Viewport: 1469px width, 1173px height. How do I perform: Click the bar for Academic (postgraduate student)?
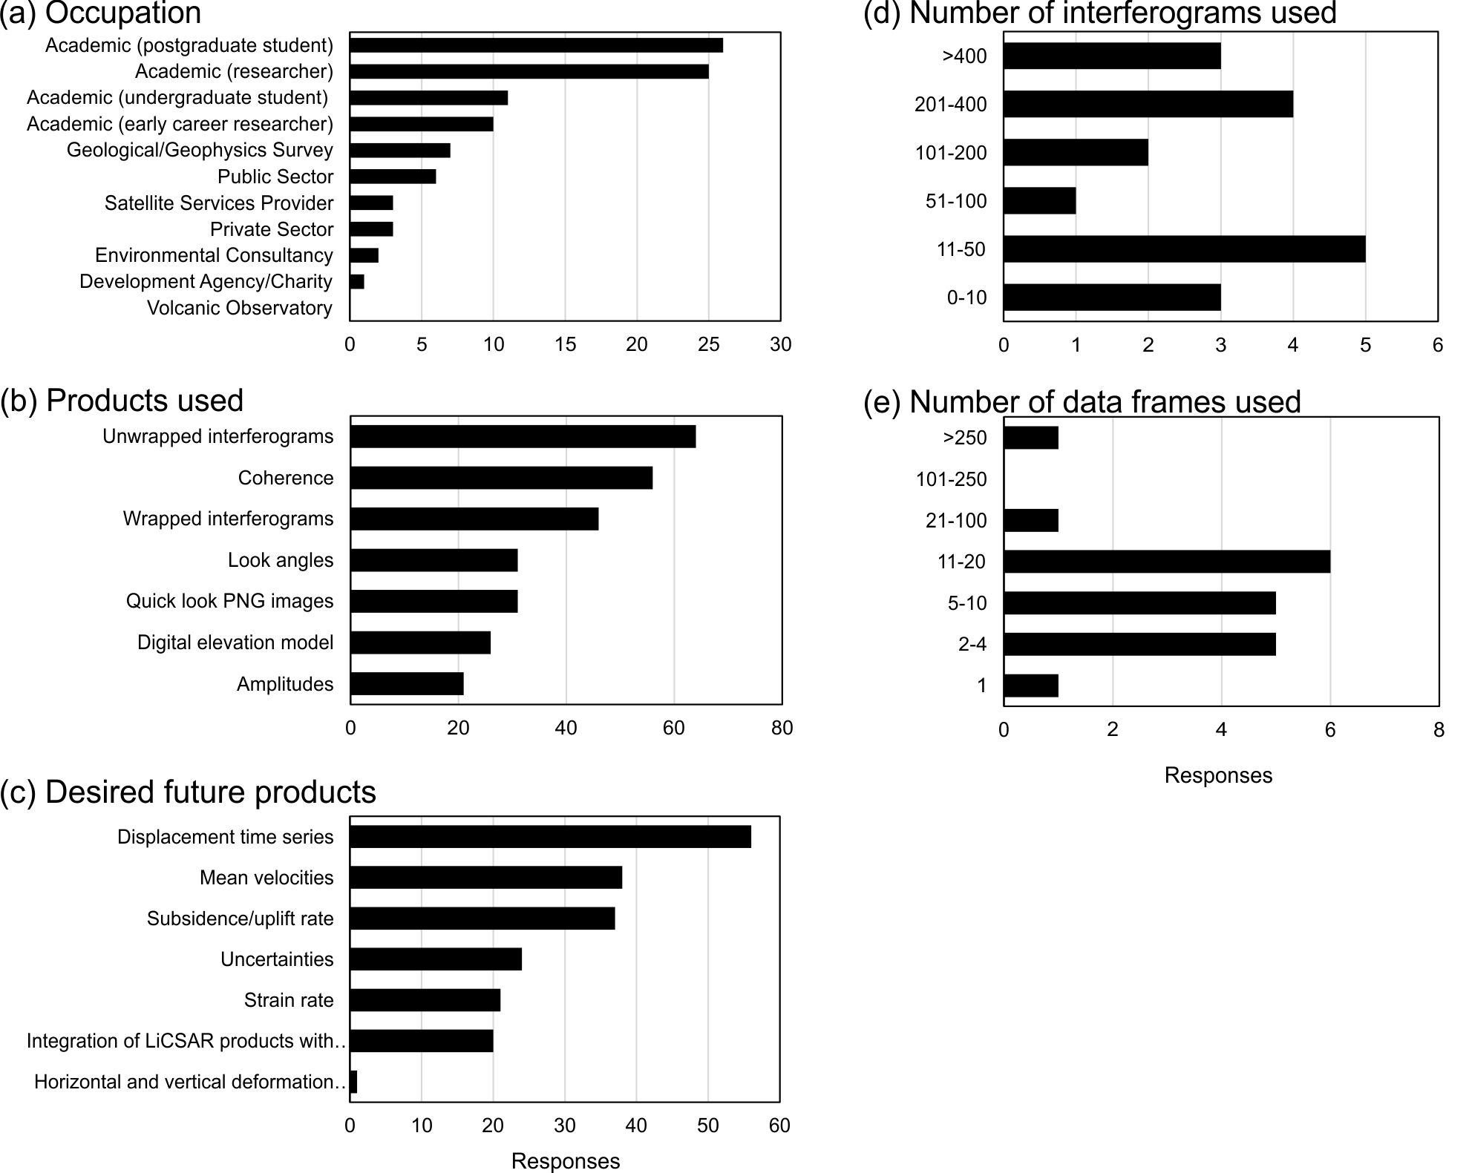536,45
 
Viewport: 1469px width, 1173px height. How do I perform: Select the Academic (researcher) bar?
529,71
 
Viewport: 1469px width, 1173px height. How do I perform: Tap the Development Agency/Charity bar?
357,282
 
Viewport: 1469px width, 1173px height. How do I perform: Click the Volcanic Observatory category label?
239,308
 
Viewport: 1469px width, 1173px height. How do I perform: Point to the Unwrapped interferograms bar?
523,436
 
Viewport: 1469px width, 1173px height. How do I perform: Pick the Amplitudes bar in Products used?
407,683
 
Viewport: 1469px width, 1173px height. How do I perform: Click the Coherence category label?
286,478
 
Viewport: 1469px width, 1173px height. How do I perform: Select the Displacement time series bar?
550,836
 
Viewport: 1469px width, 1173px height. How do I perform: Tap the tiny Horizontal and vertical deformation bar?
353,1082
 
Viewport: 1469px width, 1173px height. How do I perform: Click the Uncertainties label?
277,959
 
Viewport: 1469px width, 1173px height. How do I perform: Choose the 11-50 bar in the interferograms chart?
1184,249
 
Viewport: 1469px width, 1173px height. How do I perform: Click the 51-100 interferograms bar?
1039,201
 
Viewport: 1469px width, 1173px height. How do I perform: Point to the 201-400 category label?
951,105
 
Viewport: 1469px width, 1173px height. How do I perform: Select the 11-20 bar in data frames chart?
1166,562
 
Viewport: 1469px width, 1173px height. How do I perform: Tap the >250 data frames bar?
1030,438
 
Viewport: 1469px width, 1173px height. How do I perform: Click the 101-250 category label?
951,479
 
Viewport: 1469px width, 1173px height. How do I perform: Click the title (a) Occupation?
101,13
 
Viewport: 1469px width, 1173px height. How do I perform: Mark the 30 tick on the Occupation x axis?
780,344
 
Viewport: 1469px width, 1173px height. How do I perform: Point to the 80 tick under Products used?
782,728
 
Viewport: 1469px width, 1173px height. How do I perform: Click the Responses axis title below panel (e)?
1218,775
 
